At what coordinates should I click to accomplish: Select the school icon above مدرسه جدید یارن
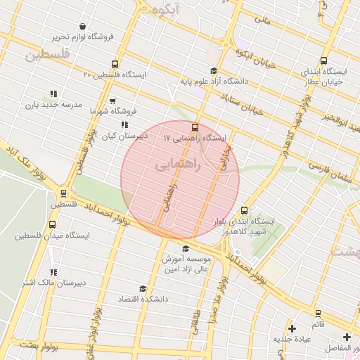click(x=53, y=94)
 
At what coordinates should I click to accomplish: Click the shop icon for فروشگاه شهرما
click(x=112, y=101)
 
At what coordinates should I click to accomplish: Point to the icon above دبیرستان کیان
click(x=124, y=124)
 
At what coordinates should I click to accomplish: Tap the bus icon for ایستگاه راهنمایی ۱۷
click(x=195, y=128)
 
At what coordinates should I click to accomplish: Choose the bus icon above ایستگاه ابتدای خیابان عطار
click(x=323, y=60)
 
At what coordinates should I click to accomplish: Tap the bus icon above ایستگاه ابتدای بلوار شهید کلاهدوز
click(x=244, y=210)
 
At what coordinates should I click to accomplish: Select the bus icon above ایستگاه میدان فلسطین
click(x=52, y=224)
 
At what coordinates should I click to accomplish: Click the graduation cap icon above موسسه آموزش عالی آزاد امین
click(x=186, y=249)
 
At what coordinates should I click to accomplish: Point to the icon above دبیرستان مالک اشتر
click(x=53, y=272)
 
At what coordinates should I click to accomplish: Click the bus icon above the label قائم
click(x=318, y=313)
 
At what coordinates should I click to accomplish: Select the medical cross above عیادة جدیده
click(x=292, y=328)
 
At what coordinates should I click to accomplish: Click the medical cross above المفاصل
click(x=346, y=337)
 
